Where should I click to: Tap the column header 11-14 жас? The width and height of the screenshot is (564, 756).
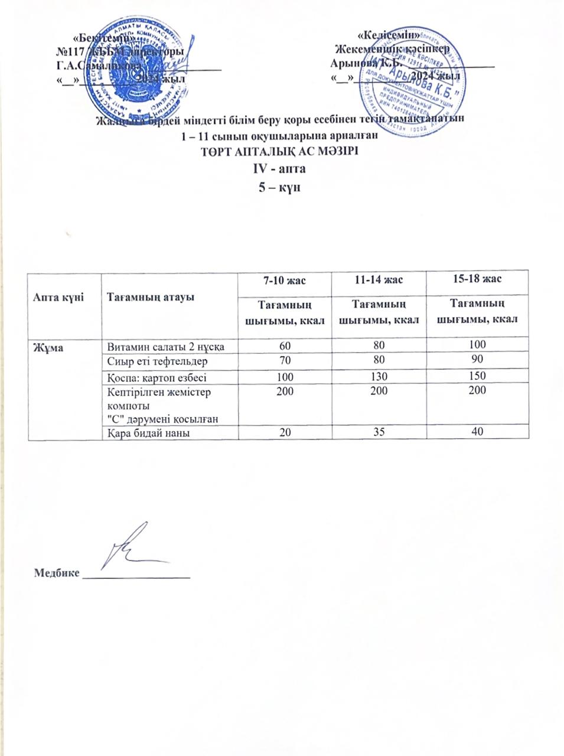pyautogui.click(x=382, y=279)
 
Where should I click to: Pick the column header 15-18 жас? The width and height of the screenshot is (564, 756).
pyautogui.click(x=478, y=278)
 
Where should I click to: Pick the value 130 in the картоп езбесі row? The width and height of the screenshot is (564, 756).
pyautogui.click(x=383, y=376)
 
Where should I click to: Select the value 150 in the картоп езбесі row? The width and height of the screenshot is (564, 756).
pyautogui.click(x=478, y=376)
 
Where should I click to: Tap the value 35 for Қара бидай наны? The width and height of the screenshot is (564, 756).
pyautogui.click(x=383, y=432)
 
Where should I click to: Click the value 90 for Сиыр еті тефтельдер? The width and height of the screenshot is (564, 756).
pyautogui.click(x=478, y=360)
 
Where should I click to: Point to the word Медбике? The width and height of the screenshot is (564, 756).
pyautogui.click(x=57, y=573)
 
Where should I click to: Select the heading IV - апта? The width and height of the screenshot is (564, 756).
pyautogui.click(x=282, y=168)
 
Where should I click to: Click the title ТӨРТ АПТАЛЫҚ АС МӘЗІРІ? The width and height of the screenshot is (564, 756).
pyautogui.click(x=282, y=150)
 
